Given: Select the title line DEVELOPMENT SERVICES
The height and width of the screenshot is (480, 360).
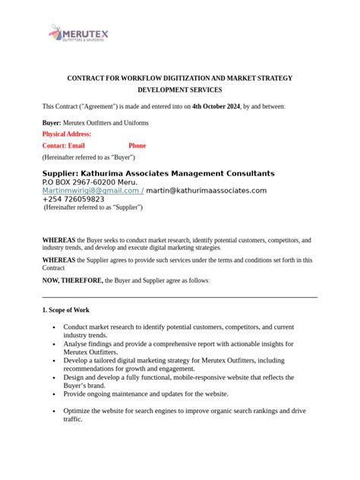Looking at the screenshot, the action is [x=179, y=91].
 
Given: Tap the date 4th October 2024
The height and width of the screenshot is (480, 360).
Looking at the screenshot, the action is [x=216, y=108].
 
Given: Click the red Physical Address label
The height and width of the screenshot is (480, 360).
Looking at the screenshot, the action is [x=66, y=134].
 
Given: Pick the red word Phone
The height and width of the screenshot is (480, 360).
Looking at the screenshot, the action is [x=137, y=145].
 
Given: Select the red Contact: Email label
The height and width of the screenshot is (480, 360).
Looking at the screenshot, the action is [x=64, y=145].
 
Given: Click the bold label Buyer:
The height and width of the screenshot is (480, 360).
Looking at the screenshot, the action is [x=52, y=122].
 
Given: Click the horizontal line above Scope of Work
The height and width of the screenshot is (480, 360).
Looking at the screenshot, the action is [x=179, y=297].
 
